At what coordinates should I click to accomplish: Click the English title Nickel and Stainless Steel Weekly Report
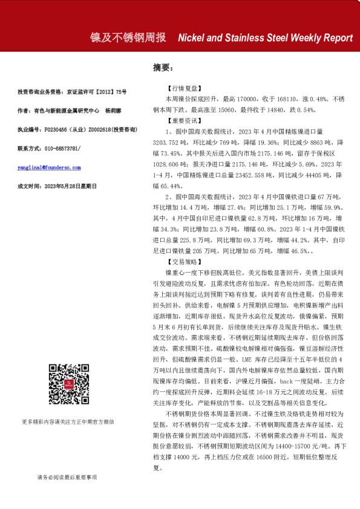[x=265, y=37]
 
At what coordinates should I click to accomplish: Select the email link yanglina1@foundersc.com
[x=49, y=167]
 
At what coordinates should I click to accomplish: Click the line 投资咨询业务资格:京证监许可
[x=72, y=92]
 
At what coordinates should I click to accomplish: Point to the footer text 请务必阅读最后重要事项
[x=67, y=478]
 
